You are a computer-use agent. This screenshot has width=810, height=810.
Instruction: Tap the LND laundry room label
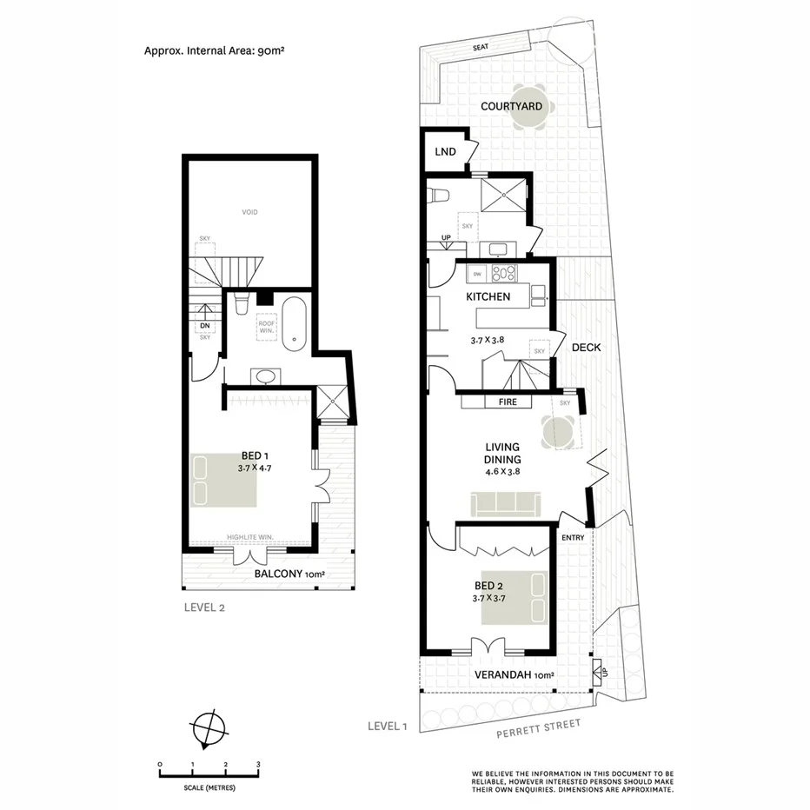445,152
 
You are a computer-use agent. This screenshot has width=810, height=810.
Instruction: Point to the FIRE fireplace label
508,402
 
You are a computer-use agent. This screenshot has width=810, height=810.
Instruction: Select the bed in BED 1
223,480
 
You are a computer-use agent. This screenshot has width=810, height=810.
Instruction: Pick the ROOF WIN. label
265,327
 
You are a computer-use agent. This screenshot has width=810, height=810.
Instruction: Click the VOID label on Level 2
250,212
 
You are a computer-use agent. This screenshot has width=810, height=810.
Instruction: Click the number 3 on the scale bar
258,765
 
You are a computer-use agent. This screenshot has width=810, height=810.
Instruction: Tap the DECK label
586,347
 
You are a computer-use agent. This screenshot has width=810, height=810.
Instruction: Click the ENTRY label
573,537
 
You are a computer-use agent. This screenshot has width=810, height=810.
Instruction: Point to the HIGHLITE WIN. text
249,538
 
